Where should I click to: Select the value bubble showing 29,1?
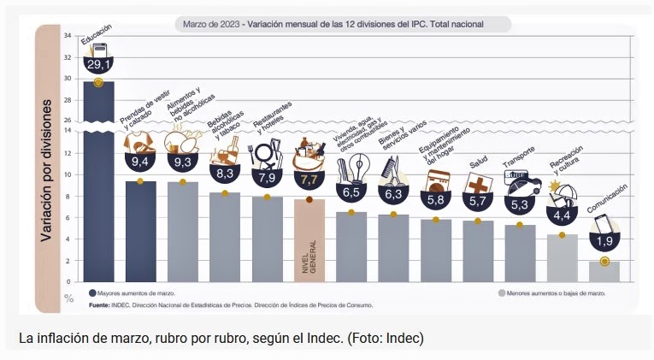pos(98,63)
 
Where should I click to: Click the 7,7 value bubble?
pos(309,180)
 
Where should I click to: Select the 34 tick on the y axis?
pos(67,36)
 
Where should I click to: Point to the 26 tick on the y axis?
pos(67,120)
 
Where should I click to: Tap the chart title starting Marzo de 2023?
pos(333,24)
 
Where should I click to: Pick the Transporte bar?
pos(520,253)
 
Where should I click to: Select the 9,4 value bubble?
pos(140,161)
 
